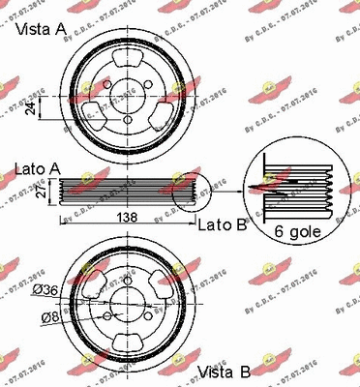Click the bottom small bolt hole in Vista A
coord(129,119)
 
